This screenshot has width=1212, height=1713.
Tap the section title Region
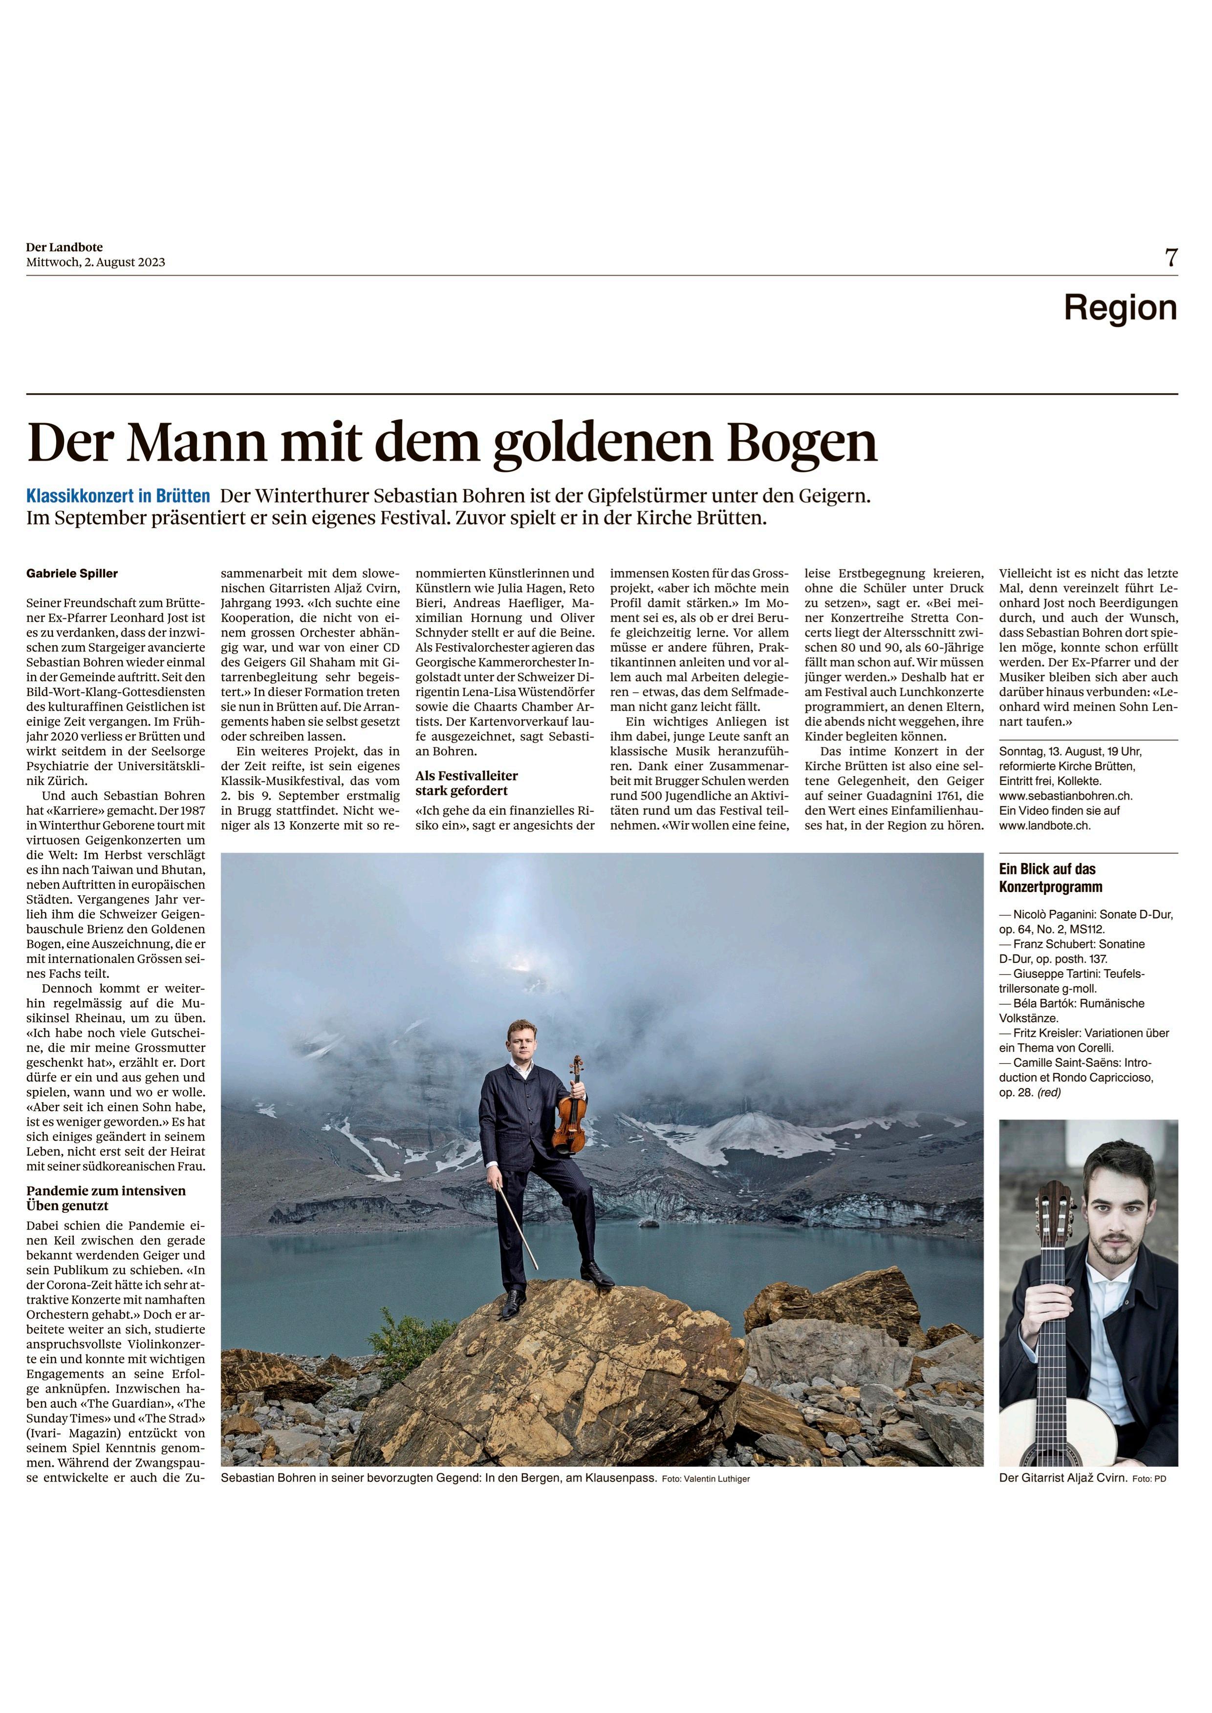coord(1120,307)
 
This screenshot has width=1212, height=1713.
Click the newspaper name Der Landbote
coord(64,247)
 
